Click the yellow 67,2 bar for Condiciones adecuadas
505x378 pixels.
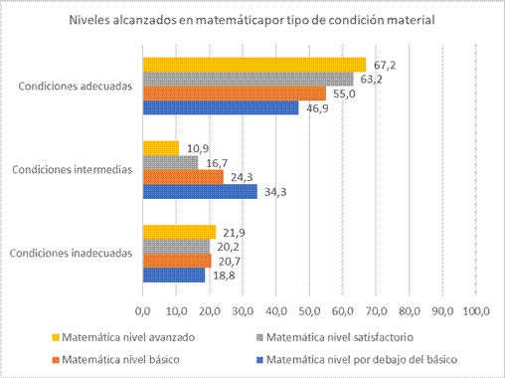click(253, 65)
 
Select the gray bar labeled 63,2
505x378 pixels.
click(248, 79)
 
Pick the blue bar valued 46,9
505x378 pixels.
click(220, 106)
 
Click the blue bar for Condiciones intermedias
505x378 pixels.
click(199, 190)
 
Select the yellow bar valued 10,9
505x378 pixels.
click(160, 148)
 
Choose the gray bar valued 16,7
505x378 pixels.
click(170, 162)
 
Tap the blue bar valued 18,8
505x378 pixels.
click(173, 274)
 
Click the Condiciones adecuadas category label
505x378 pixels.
click(75, 86)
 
